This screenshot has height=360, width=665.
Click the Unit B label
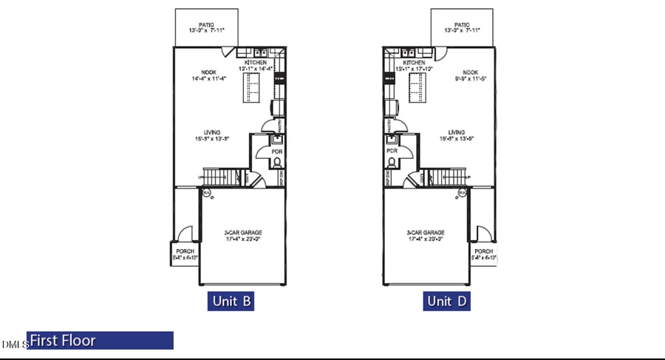pyautogui.click(x=230, y=301)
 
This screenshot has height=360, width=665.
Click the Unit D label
pyautogui.click(x=447, y=301)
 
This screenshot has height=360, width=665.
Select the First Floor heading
pyautogui.click(x=100, y=341)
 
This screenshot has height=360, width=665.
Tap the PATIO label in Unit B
pyautogui.click(x=206, y=24)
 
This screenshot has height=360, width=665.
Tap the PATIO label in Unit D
pyautogui.click(x=463, y=24)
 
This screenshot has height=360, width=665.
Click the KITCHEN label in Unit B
pyautogui.click(x=256, y=63)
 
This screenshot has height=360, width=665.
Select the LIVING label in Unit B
pyautogui.click(x=211, y=132)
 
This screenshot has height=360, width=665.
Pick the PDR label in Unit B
pyautogui.click(x=277, y=152)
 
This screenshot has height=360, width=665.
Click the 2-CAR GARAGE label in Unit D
pyautogui.click(x=424, y=234)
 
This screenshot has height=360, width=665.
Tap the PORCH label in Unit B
pyautogui.click(x=184, y=251)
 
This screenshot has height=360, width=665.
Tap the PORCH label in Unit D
pyautogui.click(x=485, y=251)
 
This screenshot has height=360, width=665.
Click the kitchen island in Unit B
pyautogui.click(x=250, y=89)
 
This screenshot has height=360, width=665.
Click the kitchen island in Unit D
pyautogui.click(x=419, y=89)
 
